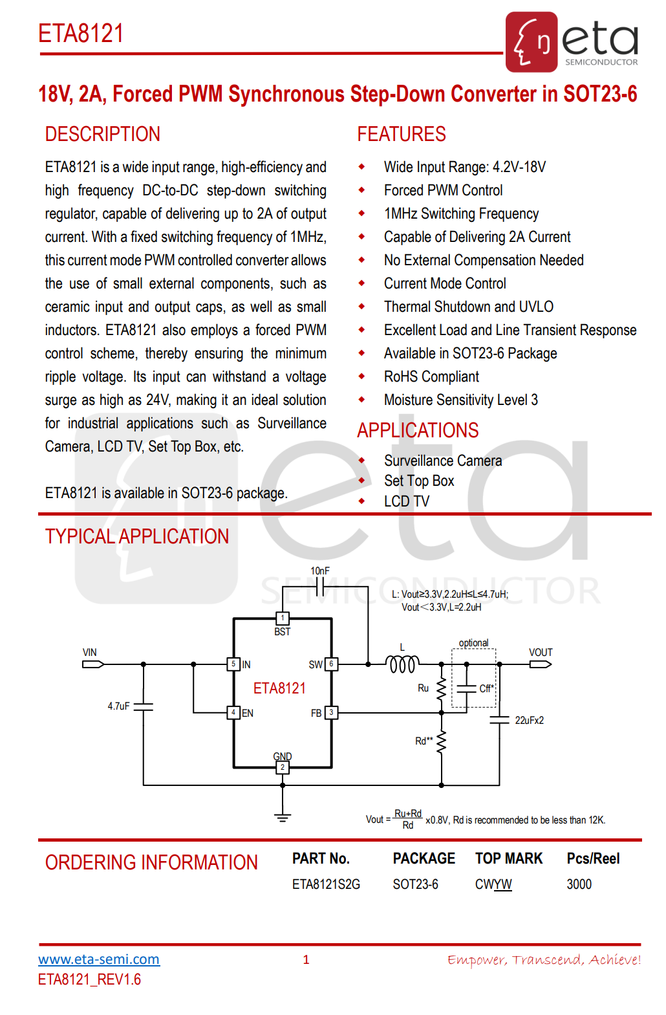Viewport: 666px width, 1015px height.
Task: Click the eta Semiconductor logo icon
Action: pyautogui.click(x=532, y=41)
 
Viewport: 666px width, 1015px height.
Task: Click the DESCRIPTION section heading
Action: pyautogui.click(x=102, y=134)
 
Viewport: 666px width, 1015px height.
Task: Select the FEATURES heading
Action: pyautogui.click(x=401, y=134)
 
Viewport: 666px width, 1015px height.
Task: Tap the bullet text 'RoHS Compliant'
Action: pyautogui.click(x=431, y=377)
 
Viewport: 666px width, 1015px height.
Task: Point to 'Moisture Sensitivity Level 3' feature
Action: pyautogui.click(x=460, y=400)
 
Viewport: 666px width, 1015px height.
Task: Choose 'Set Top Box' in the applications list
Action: pyautogui.click(x=419, y=481)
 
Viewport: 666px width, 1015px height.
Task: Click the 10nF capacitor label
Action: pyautogui.click(x=319, y=571)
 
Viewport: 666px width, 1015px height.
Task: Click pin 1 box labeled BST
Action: pyautogui.click(x=283, y=618)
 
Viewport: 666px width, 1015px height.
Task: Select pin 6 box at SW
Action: pyautogui.click(x=331, y=664)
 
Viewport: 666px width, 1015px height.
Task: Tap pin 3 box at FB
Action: pyautogui.click(x=331, y=712)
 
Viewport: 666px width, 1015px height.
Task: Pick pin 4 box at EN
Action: pyautogui.click(x=233, y=712)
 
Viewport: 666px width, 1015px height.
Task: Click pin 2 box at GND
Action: pyautogui.click(x=283, y=767)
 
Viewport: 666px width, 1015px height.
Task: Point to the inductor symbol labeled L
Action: pyautogui.click(x=402, y=664)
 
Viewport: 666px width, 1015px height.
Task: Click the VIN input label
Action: pyautogui.click(x=90, y=652)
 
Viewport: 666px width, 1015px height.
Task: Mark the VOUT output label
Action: pyautogui.click(x=541, y=652)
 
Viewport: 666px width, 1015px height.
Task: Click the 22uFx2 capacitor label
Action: pyautogui.click(x=529, y=720)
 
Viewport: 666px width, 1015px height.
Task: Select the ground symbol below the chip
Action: pyautogui.click(x=283, y=816)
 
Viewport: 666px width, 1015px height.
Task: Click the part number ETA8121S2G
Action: pyautogui.click(x=326, y=884)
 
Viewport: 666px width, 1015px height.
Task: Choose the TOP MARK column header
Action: pyautogui.click(x=509, y=858)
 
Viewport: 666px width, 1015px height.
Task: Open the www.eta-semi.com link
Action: pyautogui.click(x=99, y=959)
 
